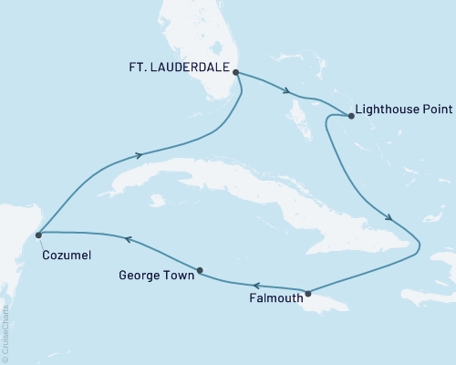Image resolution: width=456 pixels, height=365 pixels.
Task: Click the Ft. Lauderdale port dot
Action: pyautogui.click(x=235, y=72)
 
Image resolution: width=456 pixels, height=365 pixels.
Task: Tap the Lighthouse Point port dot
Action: pyautogui.click(x=351, y=116)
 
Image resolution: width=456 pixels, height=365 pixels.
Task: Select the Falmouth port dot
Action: pyautogui.click(x=308, y=293)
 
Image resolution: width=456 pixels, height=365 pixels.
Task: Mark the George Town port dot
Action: pyautogui.click(x=200, y=270)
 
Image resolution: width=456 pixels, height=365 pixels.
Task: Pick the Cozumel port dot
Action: pyautogui.click(x=38, y=235)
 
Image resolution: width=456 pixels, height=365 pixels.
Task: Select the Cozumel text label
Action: pyautogui.click(x=66, y=256)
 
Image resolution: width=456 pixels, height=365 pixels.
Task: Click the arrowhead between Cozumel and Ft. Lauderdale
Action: pyautogui.click(x=139, y=155)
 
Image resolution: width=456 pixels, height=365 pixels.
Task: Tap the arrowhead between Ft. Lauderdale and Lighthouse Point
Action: pyautogui.click(x=288, y=90)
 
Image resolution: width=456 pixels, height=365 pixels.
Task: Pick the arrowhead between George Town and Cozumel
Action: pyautogui.click(x=129, y=239)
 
